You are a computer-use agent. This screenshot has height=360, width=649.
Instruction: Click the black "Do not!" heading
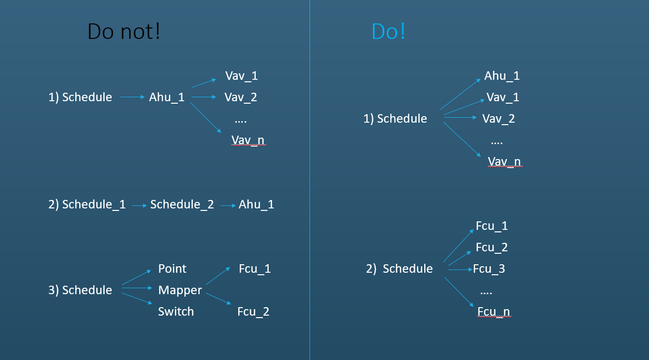(x=124, y=31)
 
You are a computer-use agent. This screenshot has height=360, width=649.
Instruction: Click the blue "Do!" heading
(x=388, y=31)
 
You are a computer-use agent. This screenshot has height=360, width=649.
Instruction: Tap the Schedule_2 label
(x=182, y=204)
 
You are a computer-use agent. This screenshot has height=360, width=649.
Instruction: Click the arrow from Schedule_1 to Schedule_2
(x=140, y=206)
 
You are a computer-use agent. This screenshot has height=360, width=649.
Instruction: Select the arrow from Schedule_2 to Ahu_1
(x=228, y=206)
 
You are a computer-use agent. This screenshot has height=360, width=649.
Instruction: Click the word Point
(x=172, y=269)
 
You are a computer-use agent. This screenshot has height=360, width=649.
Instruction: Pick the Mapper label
(x=180, y=290)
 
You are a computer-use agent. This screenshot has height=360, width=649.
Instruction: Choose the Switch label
(x=176, y=312)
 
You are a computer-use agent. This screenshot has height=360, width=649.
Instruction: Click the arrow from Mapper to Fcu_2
(x=218, y=299)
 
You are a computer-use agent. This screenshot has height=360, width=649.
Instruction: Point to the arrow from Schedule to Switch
(x=137, y=299)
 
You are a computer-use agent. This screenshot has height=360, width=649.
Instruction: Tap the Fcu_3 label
(x=489, y=269)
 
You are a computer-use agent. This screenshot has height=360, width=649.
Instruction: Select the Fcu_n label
(x=493, y=312)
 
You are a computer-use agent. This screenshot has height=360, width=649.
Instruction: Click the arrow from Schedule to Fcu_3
(x=461, y=270)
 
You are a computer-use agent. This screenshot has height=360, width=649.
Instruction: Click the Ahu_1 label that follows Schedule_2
(x=256, y=204)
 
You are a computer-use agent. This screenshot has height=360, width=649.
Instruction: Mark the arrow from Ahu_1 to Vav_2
(x=204, y=97)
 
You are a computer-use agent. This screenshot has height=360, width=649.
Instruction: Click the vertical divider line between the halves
(x=310, y=180)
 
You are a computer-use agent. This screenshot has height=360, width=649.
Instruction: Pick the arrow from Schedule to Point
(x=137, y=277)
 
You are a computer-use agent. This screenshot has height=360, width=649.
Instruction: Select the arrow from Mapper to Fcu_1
(x=218, y=276)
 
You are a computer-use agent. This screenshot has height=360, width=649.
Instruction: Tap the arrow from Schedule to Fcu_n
(x=459, y=292)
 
